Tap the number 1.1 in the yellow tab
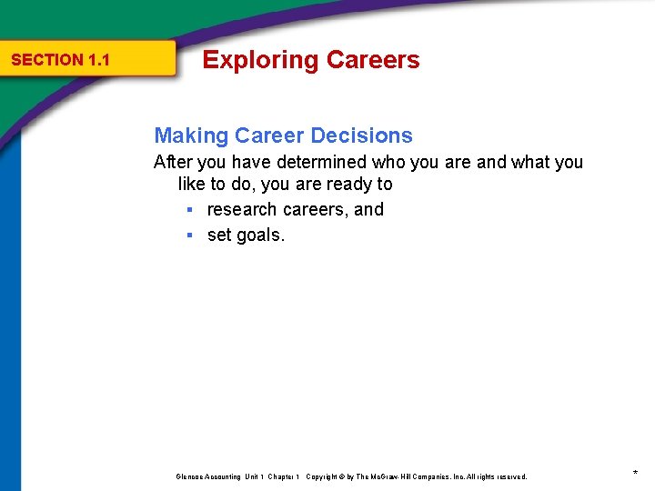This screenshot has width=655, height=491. point(99,60)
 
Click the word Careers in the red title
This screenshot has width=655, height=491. point(373,60)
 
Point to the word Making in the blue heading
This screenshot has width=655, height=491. point(191,136)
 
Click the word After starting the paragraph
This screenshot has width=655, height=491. point(173,163)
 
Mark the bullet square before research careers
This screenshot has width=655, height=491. point(189,210)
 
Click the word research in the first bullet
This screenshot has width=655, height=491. point(242,210)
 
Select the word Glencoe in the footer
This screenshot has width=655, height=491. point(189,476)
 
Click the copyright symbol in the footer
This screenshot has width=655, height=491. point(341,476)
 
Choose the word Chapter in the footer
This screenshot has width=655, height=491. point(282,476)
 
